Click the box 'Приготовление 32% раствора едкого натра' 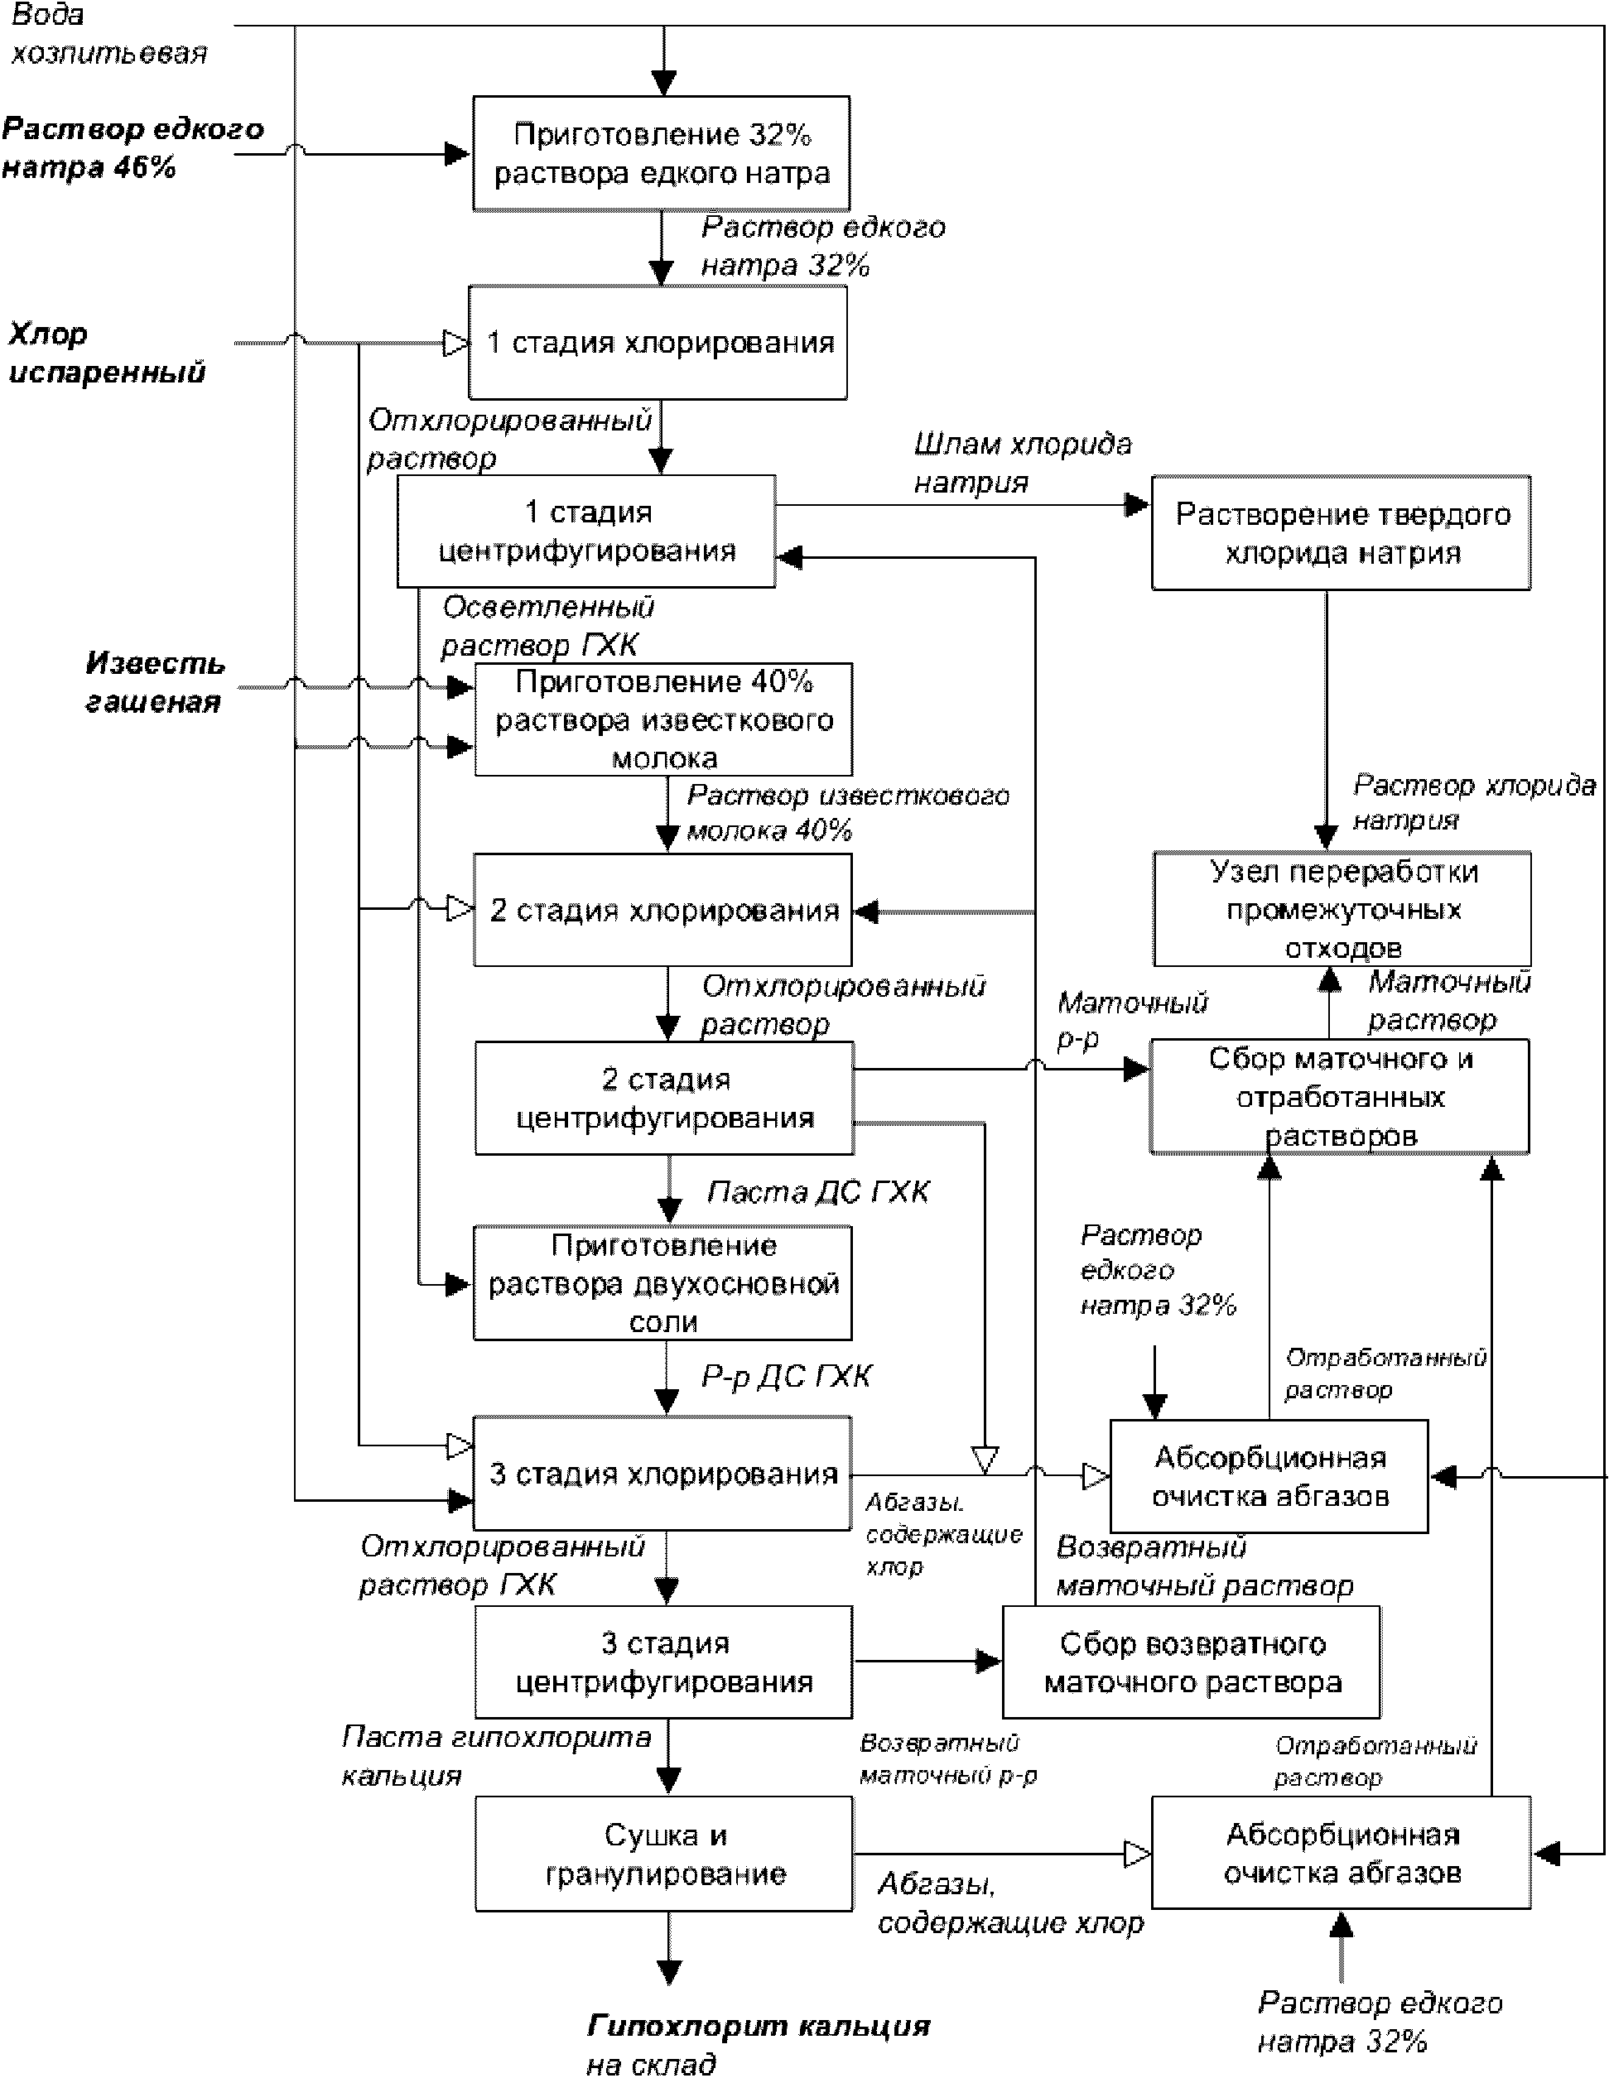tap(662, 153)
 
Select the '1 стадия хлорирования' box tap(658, 343)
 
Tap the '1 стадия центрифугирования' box tap(586, 531)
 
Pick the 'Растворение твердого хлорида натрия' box tap(1341, 533)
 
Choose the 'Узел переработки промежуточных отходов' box tap(1342, 909)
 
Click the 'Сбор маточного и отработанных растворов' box tap(1340, 1096)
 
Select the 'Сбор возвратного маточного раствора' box tap(1192, 1662)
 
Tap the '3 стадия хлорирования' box tap(662, 1474)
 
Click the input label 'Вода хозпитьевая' tap(108, 34)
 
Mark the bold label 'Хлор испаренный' tap(107, 352)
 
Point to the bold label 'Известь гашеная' tap(154, 682)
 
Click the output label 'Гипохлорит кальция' tap(758, 2026)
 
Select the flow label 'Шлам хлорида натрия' tap(1022, 464)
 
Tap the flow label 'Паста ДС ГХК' tap(818, 1192)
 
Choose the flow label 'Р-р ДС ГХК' tap(786, 1377)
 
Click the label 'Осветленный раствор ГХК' tap(547, 626)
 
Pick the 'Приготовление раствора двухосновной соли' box tap(663, 1283)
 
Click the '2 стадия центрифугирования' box tap(664, 1098)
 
